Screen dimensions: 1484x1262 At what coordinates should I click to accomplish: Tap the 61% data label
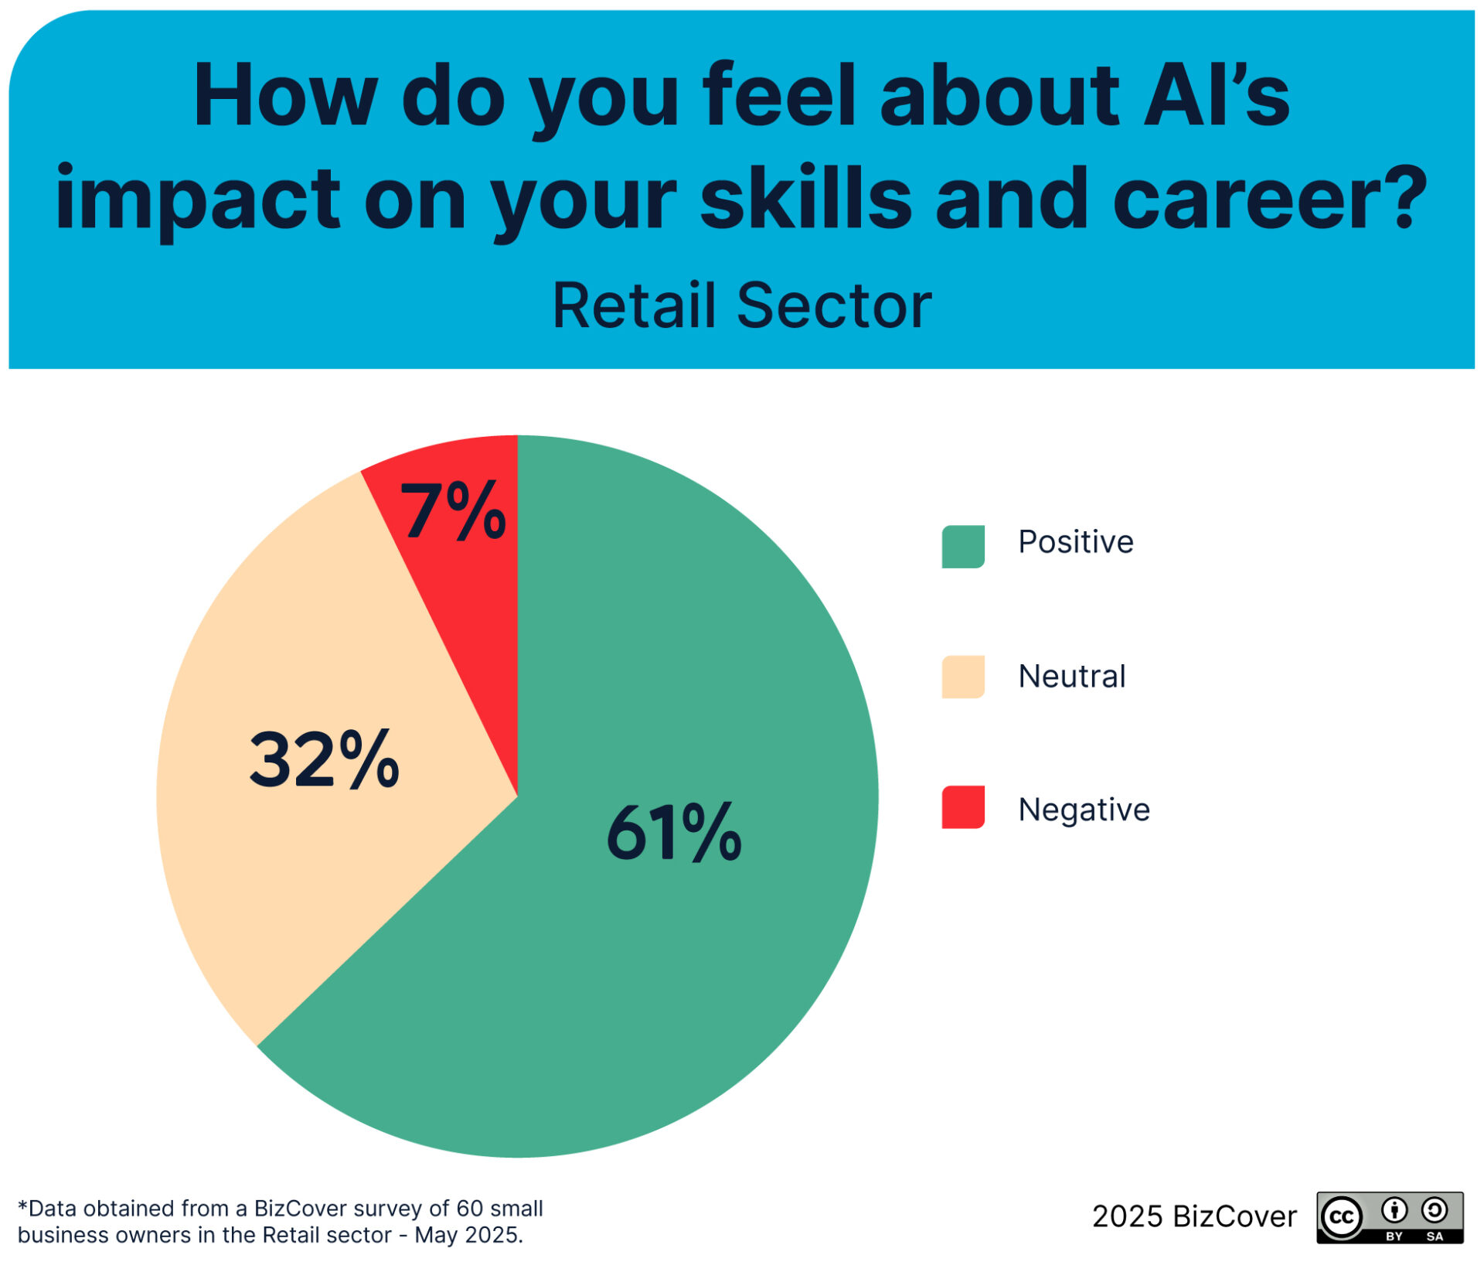(x=674, y=833)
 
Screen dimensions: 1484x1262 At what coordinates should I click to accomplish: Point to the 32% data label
(x=324, y=759)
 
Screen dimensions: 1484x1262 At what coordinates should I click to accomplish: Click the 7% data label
(x=453, y=510)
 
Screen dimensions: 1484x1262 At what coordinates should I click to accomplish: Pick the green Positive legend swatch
(x=963, y=547)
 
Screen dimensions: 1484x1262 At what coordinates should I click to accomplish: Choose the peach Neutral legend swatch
(x=963, y=677)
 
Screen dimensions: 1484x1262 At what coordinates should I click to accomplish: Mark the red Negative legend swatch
(x=963, y=807)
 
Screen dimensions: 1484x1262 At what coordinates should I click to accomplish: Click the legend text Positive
(x=1076, y=542)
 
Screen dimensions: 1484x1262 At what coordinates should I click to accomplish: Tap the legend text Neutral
(x=1072, y=676)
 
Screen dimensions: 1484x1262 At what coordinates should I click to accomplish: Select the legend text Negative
(x=1084, y=810)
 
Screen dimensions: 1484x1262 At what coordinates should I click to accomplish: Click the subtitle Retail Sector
(x=742, y=306)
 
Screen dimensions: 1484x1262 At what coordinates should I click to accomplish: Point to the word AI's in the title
(x=1216, y=95)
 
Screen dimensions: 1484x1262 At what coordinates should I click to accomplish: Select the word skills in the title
(x=806, y=196)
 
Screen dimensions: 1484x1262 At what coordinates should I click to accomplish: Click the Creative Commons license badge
(x=1390, y=1218)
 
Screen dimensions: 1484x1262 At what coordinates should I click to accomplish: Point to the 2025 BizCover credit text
(x=1194, y=1217)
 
